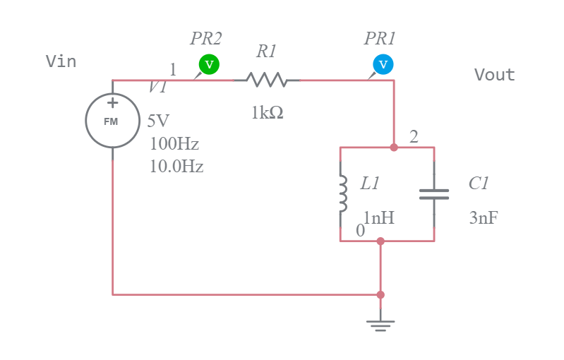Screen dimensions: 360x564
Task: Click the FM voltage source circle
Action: [x=112, y=121]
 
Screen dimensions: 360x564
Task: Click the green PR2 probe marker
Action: [x=208, y=64]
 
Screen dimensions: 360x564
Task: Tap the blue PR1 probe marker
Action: [x=383, y=64]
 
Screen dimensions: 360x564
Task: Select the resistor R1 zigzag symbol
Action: [x=267, y=80]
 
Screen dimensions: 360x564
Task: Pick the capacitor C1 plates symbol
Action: [x=434, y=194]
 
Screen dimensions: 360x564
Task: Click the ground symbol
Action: [x=380, y=324]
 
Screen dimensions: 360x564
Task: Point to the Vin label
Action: [x=61, y=62]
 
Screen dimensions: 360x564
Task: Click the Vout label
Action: [x=494, y=75]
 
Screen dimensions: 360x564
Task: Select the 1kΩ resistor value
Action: [x=268, y=113]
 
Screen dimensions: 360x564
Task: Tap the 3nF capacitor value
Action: [x=483, y=218]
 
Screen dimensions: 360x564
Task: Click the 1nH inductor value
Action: [x=379, y=218]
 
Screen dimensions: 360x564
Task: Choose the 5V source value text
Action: [x=158, y=121]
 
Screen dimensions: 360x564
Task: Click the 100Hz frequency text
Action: [x=174, y=144]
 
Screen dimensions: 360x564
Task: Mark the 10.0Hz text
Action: [x=176, y=167]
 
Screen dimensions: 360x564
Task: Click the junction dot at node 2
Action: [x=394, y=148]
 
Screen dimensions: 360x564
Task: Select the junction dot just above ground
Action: [x=380, y=294]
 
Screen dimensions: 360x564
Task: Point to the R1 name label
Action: [x=266, y=51]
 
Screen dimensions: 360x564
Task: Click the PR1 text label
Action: [x=379, y=39]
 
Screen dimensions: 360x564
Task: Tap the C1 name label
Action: [x=479, y=184]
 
